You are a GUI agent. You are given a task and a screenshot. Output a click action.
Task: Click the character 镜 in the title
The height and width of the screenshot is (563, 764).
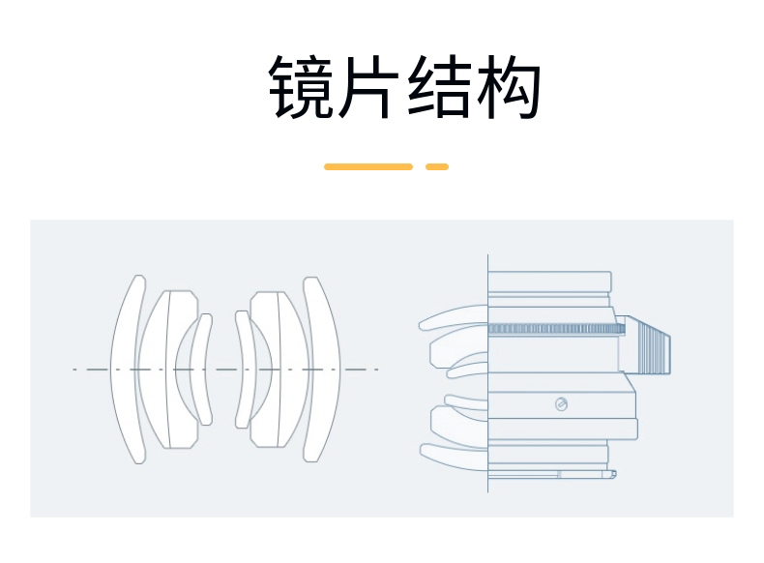302,87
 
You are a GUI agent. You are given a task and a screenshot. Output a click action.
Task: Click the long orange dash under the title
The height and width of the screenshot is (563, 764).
367,166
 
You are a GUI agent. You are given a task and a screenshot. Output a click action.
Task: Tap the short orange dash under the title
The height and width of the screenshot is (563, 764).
437,166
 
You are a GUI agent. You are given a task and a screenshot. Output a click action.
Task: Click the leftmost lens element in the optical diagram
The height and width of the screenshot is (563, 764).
127,368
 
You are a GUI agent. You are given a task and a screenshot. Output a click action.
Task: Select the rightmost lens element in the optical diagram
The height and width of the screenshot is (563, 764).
323,368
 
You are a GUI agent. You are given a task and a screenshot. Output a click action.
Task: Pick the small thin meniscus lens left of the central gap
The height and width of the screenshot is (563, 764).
200,368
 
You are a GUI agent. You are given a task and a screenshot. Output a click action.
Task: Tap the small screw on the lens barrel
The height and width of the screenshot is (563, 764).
562,403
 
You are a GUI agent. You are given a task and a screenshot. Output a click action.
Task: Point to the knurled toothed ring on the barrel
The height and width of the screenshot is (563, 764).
556,328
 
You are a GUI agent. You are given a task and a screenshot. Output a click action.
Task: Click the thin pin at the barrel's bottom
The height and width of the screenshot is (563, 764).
585,474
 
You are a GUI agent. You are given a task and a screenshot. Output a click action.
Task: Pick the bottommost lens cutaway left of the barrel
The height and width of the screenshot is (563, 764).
455,454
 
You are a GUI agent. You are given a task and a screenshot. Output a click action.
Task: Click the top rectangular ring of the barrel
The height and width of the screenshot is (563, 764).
549,281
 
